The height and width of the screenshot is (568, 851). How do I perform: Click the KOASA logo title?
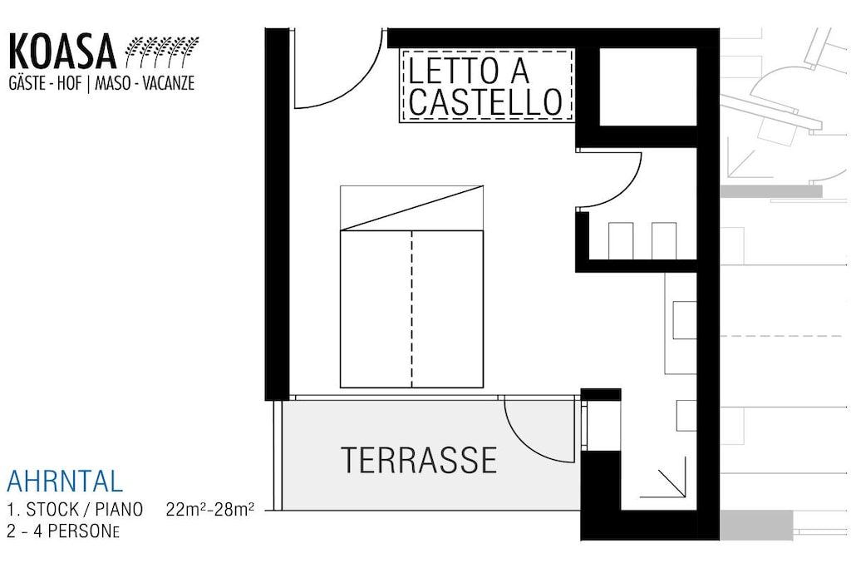(62, 52)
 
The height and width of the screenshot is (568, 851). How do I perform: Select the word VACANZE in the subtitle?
(168, 83)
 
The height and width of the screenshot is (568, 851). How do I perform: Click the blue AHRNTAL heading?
(65, 482)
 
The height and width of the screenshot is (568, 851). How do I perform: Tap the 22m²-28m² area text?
(210, 509)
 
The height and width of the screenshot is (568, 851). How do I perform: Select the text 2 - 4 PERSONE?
(63, 531)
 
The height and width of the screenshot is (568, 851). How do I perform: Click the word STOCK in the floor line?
(52, 509)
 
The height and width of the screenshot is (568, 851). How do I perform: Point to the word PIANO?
(119, 509)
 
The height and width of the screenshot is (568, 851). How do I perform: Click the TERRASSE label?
(419, 460)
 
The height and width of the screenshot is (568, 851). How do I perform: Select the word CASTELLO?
(485, 101)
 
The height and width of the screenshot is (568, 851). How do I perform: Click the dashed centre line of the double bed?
(411, 309)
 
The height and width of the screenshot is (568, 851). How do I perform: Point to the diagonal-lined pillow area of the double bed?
(411, 208)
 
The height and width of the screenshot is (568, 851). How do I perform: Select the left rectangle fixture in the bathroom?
(620, 240)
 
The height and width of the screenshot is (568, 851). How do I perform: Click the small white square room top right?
(647, 86)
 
